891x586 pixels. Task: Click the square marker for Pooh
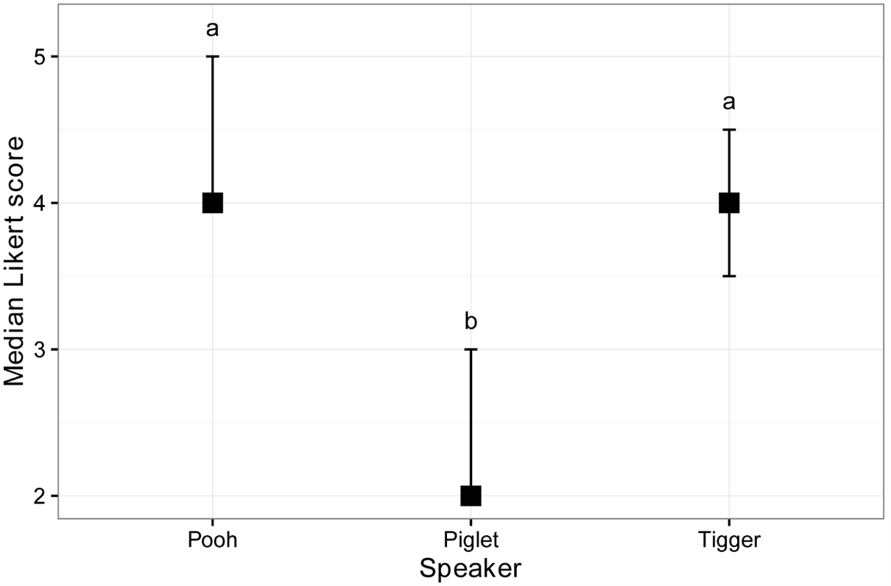213,203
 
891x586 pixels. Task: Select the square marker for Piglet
471,495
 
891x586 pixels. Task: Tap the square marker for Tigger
729,203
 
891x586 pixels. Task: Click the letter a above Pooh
213,29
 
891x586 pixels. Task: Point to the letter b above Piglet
471,321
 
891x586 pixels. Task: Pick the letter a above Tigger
729,102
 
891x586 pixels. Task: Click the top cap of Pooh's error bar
213,57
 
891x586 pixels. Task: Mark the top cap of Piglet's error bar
471,349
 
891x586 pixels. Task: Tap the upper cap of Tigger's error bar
729,130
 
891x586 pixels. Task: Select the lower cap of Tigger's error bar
729,276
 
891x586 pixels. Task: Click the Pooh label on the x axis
213,540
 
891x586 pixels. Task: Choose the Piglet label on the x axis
471,540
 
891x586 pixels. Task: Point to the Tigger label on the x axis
729,540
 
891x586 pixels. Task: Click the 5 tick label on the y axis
42,57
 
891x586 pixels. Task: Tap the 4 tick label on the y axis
42,203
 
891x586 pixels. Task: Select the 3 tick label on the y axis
42,349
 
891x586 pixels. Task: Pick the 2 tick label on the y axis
42,495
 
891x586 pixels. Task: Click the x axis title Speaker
471,568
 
